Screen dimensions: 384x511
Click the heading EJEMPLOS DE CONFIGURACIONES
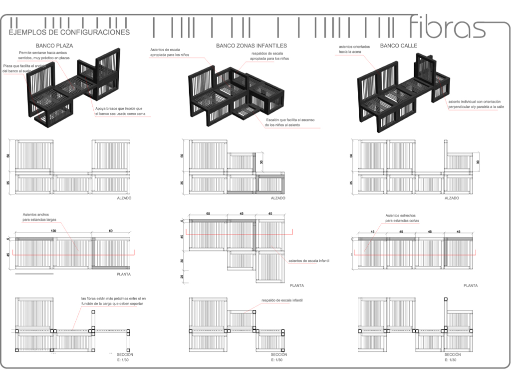tap(69, 32)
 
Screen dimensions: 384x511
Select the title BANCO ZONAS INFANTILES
tap(252, 45)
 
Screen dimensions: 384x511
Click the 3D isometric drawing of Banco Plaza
tap(75, 87)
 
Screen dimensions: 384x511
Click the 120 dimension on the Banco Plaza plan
tap(52, 231)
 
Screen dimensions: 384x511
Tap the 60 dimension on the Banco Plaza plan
tap(111, 231)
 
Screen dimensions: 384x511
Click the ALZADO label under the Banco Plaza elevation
tap(124, 198)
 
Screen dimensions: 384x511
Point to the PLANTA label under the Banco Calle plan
tap(470, 285)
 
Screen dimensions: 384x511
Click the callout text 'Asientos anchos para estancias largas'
tap(39, 216)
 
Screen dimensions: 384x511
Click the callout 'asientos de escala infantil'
tap(309, 261)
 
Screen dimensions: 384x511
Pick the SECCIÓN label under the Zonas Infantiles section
tap(279, 354)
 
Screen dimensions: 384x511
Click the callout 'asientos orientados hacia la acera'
tap(354, 49)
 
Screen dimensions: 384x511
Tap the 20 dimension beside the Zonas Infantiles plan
tap(182, 277)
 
